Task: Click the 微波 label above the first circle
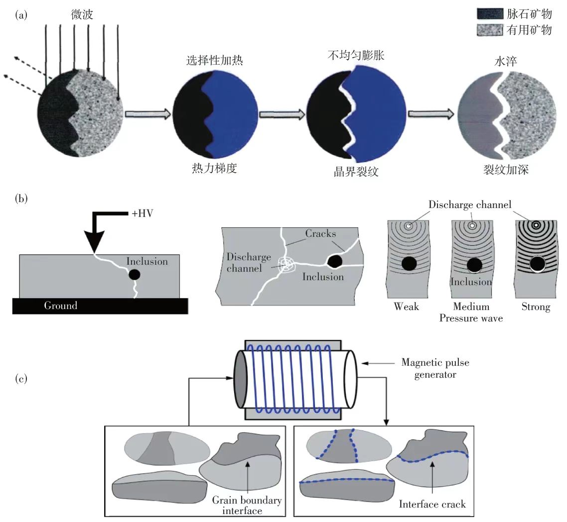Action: click(x=82, y=15)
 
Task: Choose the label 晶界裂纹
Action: click(x=356, y=173)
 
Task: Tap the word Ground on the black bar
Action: click(x=60, y=306)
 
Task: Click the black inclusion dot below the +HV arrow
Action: click(x=134, y=274)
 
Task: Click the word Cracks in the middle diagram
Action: click(x=321, y=234)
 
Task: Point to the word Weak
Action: click(x=406, y=307)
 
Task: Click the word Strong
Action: click(x=536, y=307)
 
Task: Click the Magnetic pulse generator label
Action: click(x=435, y=368)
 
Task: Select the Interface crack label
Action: click(x=432, y=504)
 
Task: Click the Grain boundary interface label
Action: click(x=247, y=506)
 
